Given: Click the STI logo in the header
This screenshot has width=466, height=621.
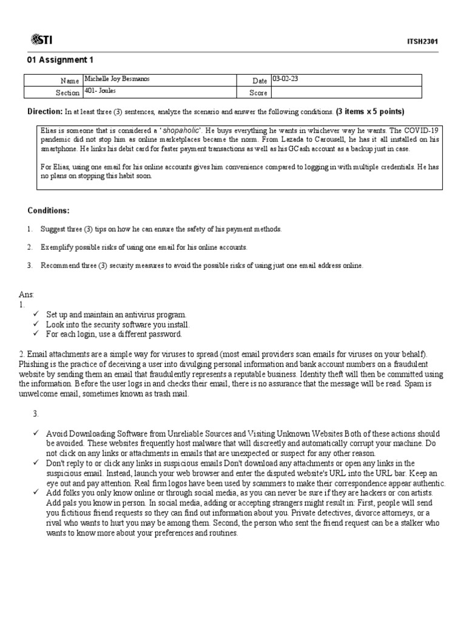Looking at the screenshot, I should pos(42,40).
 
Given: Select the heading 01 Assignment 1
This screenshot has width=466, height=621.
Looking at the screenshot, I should pos(61,60).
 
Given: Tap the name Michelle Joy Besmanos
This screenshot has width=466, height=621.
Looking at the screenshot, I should pos(117,79).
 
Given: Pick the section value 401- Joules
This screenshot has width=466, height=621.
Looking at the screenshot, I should pos(100,91).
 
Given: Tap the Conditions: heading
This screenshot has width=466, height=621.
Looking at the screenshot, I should pos(49,210).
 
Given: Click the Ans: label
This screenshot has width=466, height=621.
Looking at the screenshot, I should pos(27,295).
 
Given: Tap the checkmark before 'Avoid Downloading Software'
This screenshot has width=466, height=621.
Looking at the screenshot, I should pos(36,434).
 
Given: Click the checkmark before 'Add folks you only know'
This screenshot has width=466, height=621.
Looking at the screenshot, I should pos(36,493).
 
